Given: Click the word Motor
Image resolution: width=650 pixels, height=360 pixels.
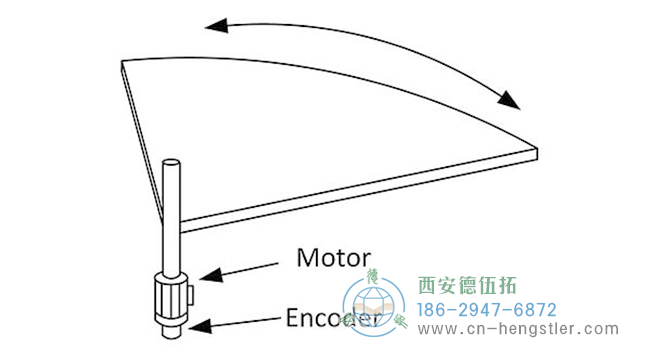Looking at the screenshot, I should coord(334,258).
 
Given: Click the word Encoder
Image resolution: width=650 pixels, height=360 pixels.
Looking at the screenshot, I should coord(331,321).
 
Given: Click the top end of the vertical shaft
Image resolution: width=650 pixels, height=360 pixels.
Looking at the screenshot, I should coord(171,162).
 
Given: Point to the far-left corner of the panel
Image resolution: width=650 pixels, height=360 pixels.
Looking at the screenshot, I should coord(121,64).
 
